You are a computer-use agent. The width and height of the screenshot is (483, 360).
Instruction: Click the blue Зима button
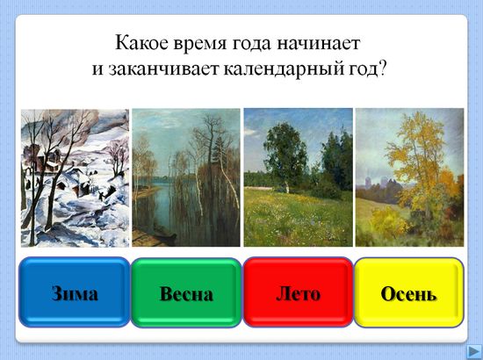tap(75, 292)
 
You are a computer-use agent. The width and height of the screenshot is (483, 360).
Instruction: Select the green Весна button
tap(186, 292)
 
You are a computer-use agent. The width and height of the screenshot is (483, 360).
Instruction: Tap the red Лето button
tap(299, 292)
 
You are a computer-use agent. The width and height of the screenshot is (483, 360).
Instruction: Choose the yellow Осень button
tap(408, 292)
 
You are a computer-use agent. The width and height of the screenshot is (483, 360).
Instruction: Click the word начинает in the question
tap(318, 44)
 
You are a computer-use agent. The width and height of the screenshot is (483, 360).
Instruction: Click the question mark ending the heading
tap(382, 69)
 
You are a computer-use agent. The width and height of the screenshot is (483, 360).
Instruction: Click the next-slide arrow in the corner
tap(473, 351)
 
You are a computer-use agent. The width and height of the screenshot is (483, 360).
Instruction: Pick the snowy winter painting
tap(75, 178)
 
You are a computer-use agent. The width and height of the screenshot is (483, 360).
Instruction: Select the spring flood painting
tap(186, 177)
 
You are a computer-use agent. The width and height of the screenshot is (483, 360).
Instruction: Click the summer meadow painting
tap(299, 177)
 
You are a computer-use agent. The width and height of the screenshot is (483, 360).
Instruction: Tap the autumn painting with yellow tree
tap(410, 177)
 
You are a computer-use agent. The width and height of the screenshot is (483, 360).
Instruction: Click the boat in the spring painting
tap(165, 234)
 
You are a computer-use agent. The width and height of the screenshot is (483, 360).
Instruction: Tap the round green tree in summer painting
tap(285, 154)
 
